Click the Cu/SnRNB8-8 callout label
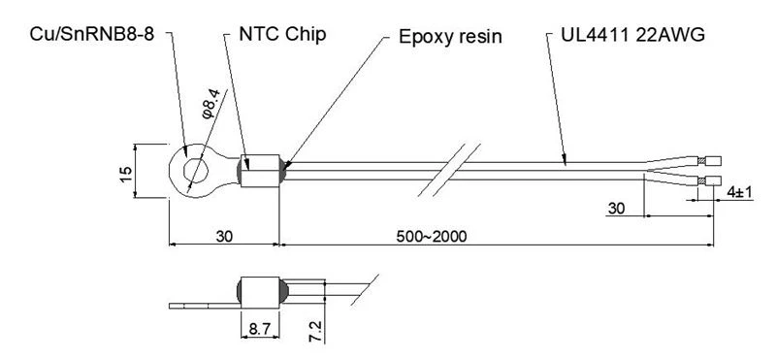pyautogui.click(x=92, y=35)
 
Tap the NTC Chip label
pyautogui.click(x=282, y=34)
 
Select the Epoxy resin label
pyautogui.click(x=450, y=37)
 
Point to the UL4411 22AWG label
pyautogui.click(x=633, y=35)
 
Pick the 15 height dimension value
pyautogui.click(x=126, y=174)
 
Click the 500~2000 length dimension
pyautogui.click(x=432, y=237)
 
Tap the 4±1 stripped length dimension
pyautogui.click(x=739, y=193)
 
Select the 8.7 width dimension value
pyautogui.click(x=260, y=330)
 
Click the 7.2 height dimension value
pyautogui.click(x=316, y=332)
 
